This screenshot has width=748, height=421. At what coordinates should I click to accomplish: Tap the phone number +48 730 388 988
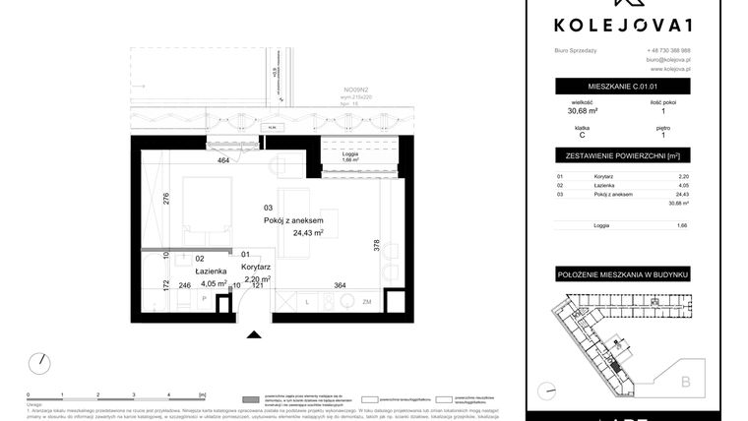pos(668,50)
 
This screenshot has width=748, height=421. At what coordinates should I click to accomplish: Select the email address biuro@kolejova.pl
pos(668,60)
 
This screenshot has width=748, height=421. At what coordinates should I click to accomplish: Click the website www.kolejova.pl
pos(669,70)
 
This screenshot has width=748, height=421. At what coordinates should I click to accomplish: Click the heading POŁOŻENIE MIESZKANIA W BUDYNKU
pos(621,271)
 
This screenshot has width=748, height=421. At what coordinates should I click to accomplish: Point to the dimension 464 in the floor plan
pos(223,159)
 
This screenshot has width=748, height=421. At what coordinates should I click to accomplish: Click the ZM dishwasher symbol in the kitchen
pos(366,302)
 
